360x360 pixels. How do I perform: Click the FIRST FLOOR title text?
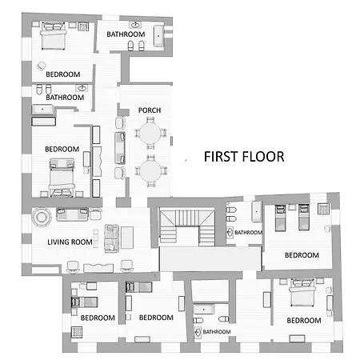pyautogui.click(x=244, y=157)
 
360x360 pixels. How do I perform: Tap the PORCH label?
pyautogui.click(x=150, y=110)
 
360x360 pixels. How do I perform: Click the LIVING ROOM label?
pyautogui.click(x=70, y=242)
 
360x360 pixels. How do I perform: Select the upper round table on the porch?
pyautogui.click(x=150, y=133)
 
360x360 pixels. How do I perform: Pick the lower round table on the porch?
pyautogui.click(x=150, y=171)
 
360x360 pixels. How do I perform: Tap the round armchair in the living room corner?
pyautogui.click(x=42, y=217)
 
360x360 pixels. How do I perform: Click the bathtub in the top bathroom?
pyautogui.click(x=158, y=36)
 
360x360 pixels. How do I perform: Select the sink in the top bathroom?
pyautogui.click(x=135, y=25)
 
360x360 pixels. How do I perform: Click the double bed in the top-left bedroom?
pyautogui.click(x=54, y=36)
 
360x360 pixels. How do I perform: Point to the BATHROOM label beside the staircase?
pyautogui.click(x=248, y=233)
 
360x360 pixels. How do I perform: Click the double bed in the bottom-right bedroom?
pyautogui.click(x=302, y=293)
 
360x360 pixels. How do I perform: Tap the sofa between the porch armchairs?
pyautogui.click(x=120, y=147)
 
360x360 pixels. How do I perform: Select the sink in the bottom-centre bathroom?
pyautogui.click(x=198, y=332)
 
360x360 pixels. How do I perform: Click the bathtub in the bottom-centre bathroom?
pyautogui.click(x=204, y=310)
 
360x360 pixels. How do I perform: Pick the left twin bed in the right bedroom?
pyautogui.click(x=280, y=218)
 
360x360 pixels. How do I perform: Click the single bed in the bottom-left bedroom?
pyautogui.click(x=84, y=302)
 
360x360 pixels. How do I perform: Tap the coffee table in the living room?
pyautogui.click(x=127, y=238)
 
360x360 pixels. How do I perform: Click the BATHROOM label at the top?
pyautogui.click(x=126, y=34)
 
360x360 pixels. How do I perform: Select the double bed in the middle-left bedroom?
pyautogui.click(x=62, y=177)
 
